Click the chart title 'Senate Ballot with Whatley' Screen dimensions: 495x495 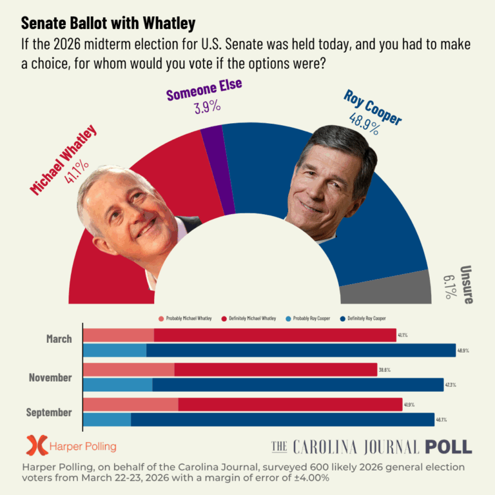point(108,24)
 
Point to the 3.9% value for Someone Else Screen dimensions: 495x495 point(207,107)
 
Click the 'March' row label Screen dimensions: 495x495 point(59,339)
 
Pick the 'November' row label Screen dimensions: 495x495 point(50,377)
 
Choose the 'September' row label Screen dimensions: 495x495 point(49,412)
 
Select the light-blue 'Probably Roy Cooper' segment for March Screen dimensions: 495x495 point(115,350)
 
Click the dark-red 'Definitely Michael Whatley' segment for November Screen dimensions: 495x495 point(275,370)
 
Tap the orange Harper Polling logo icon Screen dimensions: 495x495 point(37,445)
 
